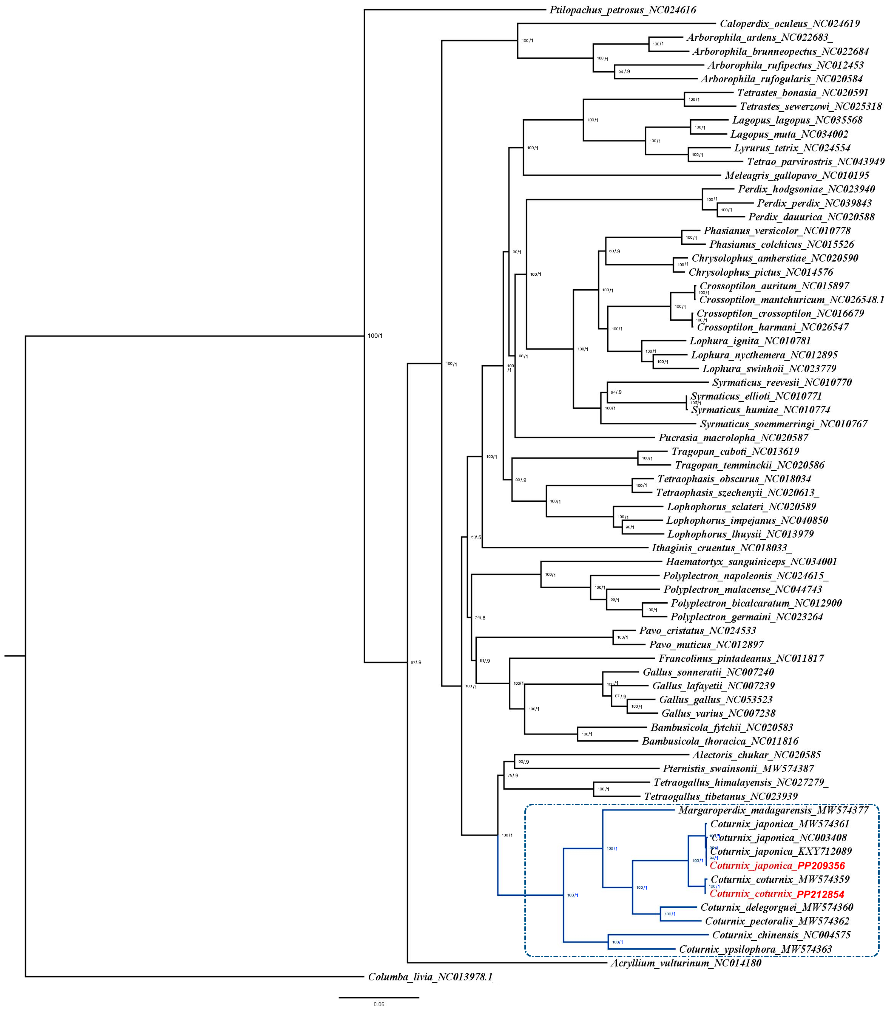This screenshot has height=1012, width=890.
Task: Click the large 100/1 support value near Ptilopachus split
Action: (x=375, y=336)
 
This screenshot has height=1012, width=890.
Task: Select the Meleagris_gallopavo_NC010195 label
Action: (x=796, y=175)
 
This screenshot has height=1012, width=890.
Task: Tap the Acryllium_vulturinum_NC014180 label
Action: (x=685, y=963)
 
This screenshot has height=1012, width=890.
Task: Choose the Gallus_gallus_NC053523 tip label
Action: (x=715, y=700)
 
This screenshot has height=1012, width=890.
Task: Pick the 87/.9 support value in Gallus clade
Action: (x=620, y=696)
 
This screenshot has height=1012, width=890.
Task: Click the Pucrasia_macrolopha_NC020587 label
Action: (x=733, y=438)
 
